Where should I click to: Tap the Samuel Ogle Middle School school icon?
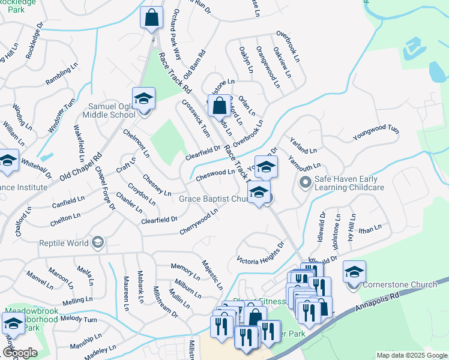coord(143,98)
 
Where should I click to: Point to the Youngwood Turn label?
coord(376,133)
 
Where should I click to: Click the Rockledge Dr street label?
coord(35,41)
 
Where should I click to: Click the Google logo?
coord(19,353)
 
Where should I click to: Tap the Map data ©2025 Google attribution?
coord(412,355)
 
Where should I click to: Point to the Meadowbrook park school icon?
coord(13,324)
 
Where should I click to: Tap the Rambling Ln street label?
coord(58,76)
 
